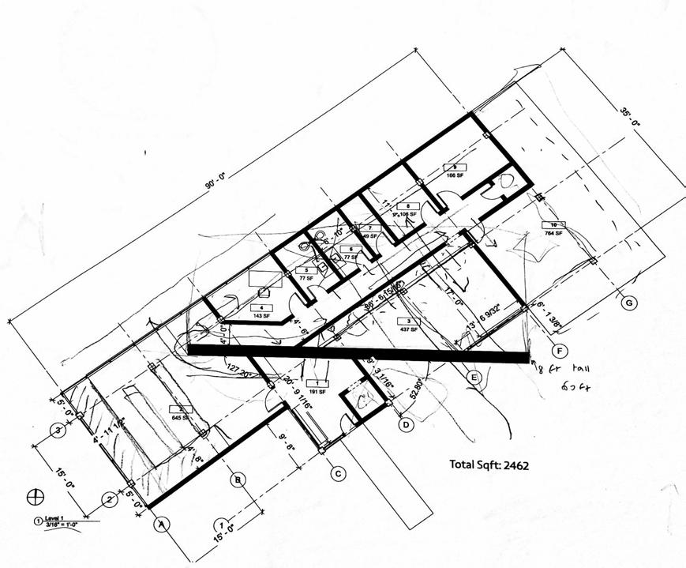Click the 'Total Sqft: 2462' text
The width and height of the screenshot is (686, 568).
[489, 465]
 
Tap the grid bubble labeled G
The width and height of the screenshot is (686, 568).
[628, 303]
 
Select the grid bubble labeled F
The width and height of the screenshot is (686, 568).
[560, 350]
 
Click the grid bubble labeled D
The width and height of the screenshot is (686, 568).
[405, 426]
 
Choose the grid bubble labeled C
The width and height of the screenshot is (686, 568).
[337, 474]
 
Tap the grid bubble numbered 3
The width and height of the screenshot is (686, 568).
[57, 431]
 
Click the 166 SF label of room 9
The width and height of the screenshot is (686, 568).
[455, 174]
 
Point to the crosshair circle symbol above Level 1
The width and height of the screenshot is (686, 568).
[34, 497]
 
